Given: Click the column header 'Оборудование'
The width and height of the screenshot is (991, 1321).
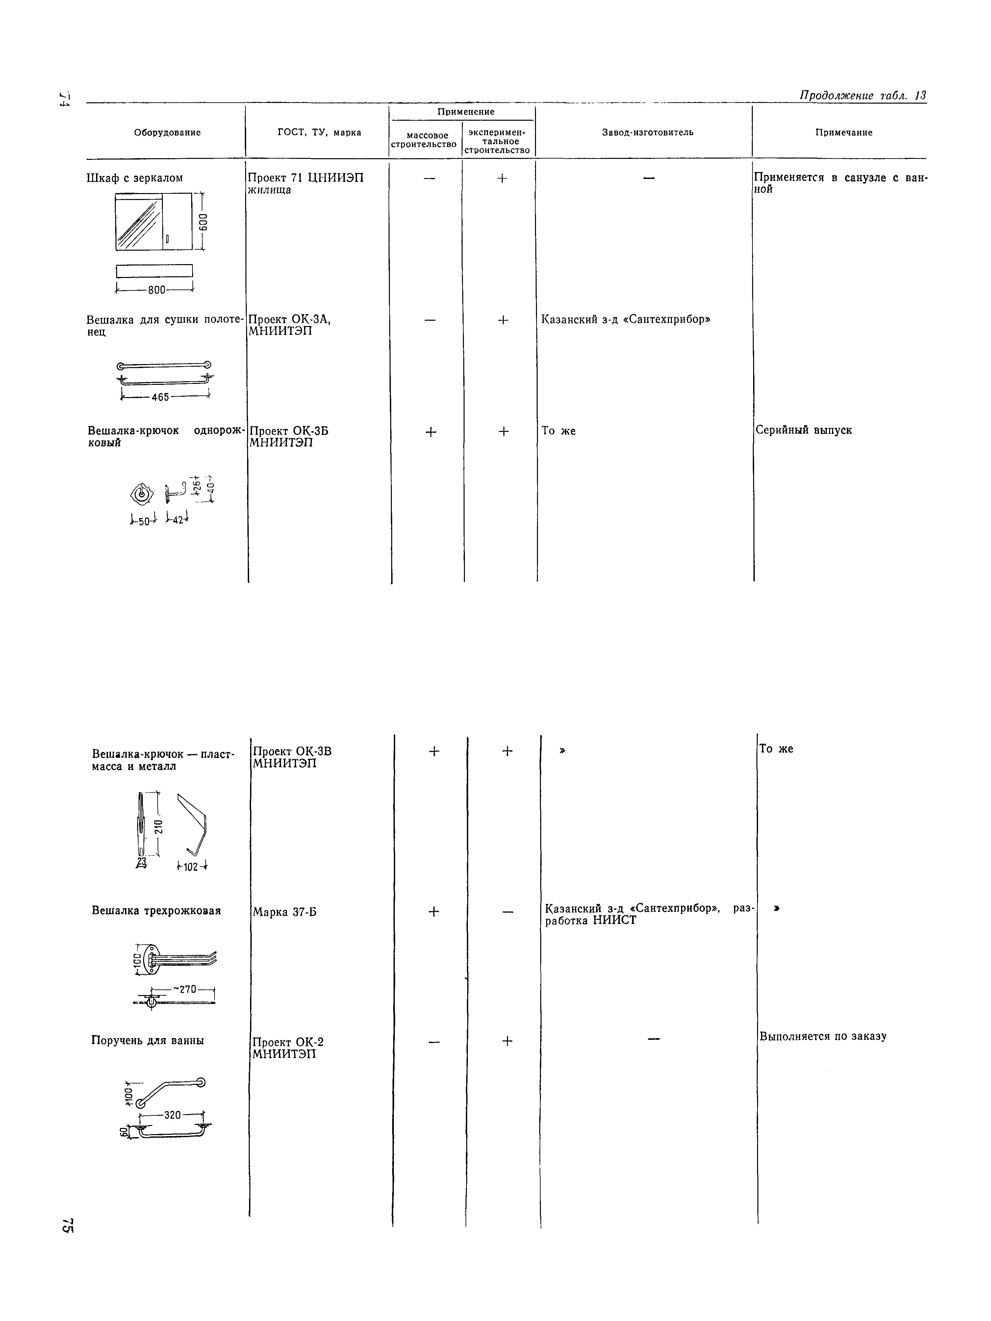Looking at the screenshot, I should click(x=167, y=133).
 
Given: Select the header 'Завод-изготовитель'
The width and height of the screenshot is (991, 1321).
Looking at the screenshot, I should click(x=648, y=133).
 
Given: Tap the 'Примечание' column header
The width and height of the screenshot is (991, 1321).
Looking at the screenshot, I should click(x=844, y=133).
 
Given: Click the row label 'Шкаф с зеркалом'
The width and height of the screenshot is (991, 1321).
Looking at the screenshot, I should click(x=134, y=178).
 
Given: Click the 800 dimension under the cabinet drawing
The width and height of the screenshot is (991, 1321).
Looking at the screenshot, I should click(x=157, y=290).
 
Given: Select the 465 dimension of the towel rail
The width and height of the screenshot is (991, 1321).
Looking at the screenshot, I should click(x=161, y=397).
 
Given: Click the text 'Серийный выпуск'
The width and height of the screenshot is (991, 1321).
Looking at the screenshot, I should click(x=803, y=430).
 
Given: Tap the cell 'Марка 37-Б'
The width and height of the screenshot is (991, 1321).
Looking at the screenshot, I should click(x=284, y=912).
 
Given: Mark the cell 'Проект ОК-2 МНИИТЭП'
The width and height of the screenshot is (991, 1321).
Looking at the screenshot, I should click(x=288, y=1048).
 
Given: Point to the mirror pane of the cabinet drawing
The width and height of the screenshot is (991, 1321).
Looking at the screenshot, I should click(x=139, y=223).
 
